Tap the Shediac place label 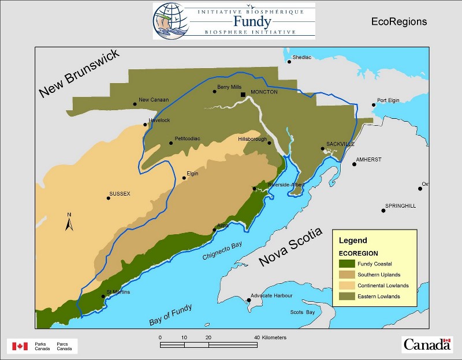click(302, 57)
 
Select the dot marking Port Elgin click(374, 105)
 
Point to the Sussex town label click(121, 194)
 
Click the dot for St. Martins click(103, 297)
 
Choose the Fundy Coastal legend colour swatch click(346, 264)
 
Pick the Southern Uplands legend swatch click(346, 275)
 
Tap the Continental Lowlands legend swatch click(346, 286)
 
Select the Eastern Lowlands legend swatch click(346, 297)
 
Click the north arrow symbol click(68, 223)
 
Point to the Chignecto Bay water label click(223, 252)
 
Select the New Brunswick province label click(79, 74)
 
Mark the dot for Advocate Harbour click(249, 300)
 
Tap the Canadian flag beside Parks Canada click(21, 346)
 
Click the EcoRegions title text click(399, 22)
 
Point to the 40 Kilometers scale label click(270, 337)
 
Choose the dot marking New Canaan click(135, 104)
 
